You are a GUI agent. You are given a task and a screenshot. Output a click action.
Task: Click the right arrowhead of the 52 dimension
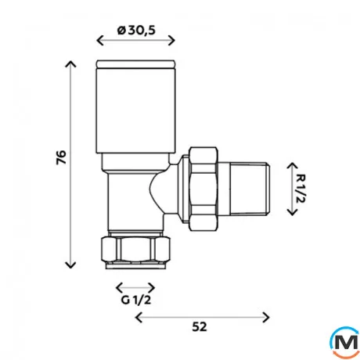tap(267, 316)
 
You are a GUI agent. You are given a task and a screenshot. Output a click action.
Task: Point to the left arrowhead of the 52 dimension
tap(139, 316)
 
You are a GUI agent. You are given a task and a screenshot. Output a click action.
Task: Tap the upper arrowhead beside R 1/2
tap(290, 166)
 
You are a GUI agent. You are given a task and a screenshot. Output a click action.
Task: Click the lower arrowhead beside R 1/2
tap(290, 212)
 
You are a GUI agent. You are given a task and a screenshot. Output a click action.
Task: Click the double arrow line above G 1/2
tap(131, 286)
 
